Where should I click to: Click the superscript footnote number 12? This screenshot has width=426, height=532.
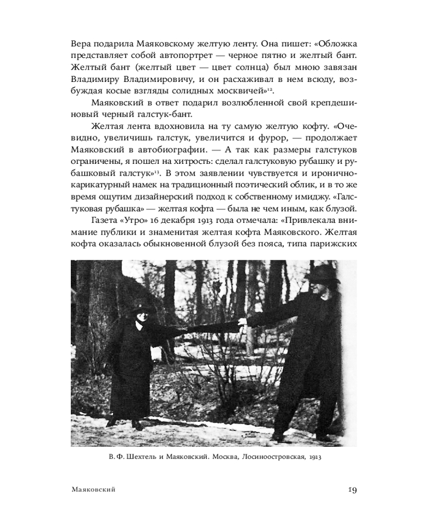point(269,89)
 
